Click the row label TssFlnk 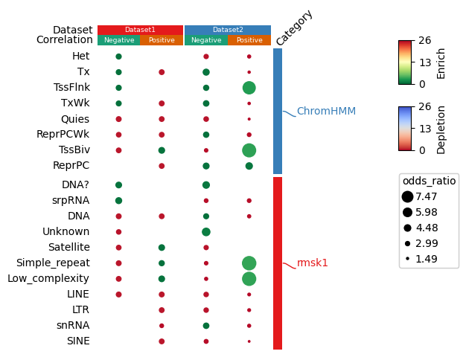[x=71, y=87]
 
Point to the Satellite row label [x=69, y=247]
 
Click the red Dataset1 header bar [x=140, y=30]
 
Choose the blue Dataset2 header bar [x=228, y=30]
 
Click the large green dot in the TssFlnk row [x=249, y=88]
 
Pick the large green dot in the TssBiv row [x=249, y=150]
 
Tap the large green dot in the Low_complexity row [x=249, y=278]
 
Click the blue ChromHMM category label [x=326, y=112]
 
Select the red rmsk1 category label [x=313, y=263]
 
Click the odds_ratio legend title [x=429, y=181]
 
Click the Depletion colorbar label [x=441, y=129]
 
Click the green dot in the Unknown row [x=205, y=232]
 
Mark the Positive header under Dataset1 [x=161, y=40]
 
